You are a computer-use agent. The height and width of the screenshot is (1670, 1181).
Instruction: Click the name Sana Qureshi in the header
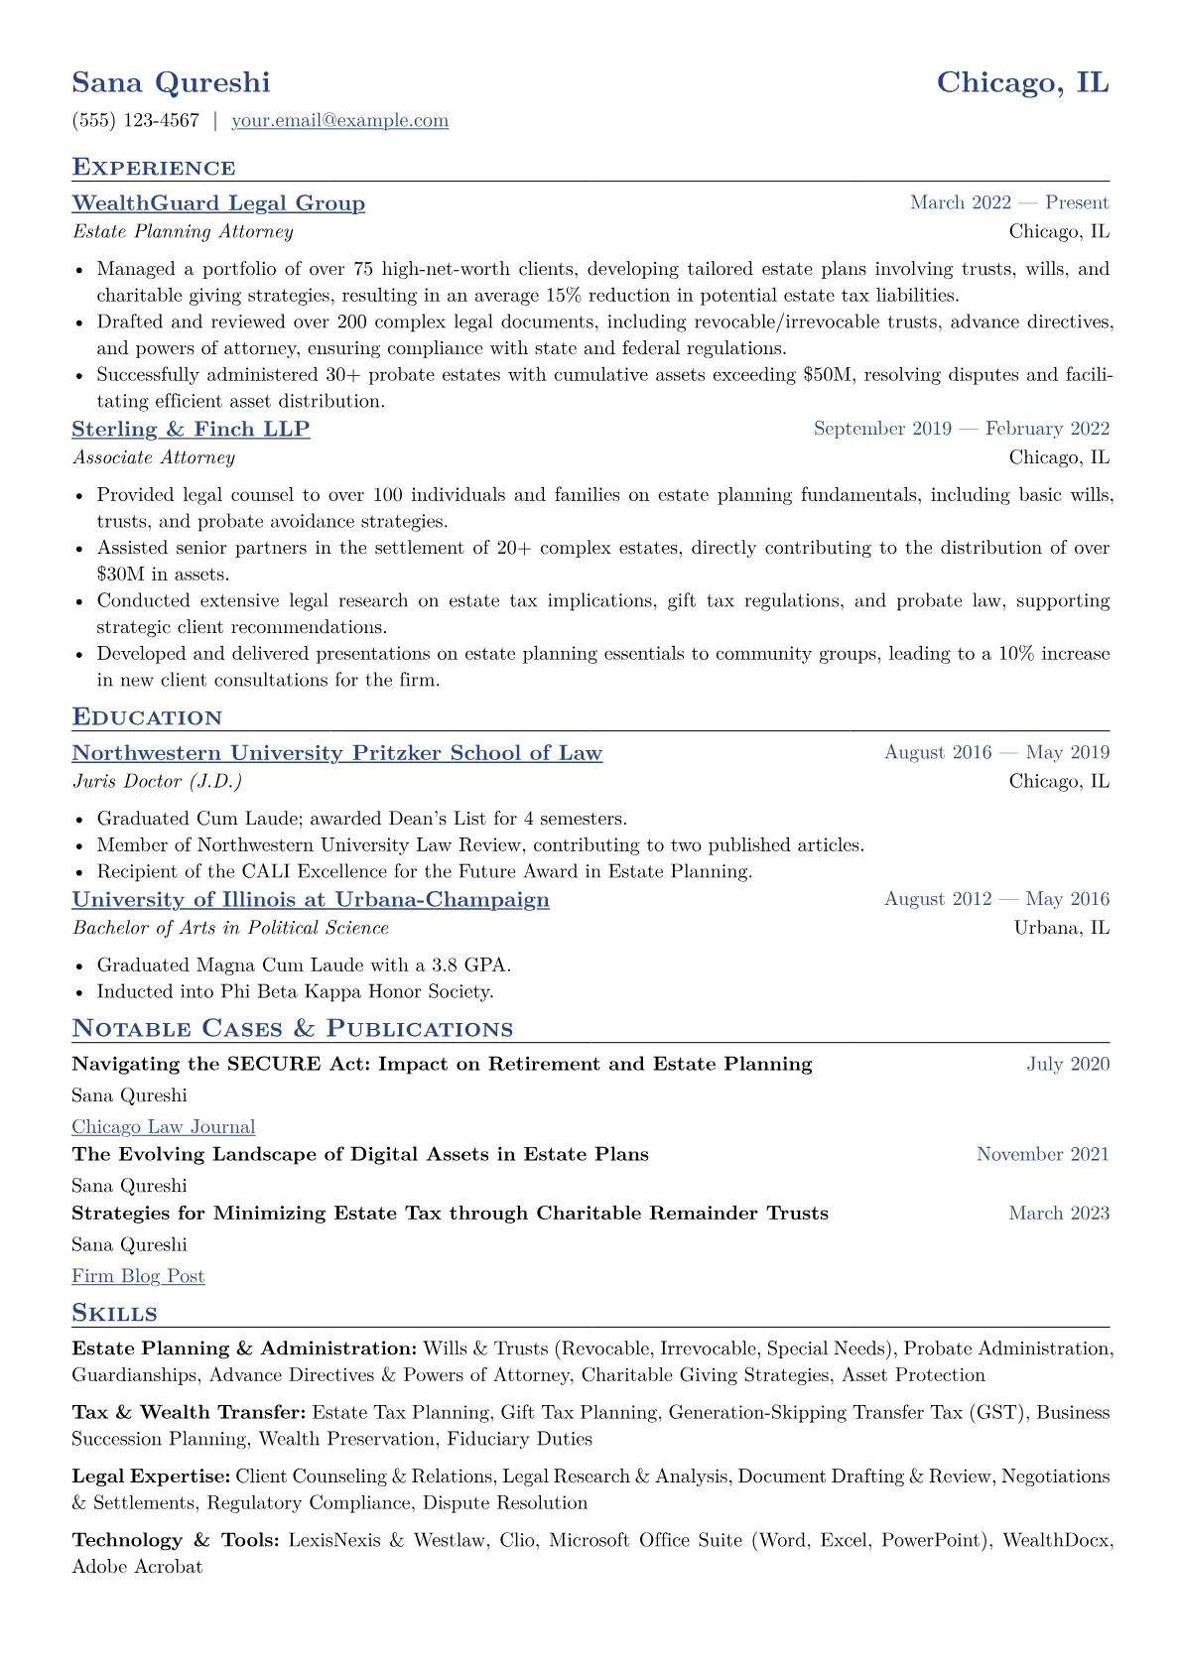pos(171,82)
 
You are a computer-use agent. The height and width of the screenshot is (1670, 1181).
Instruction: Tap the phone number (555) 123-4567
pos(135,121)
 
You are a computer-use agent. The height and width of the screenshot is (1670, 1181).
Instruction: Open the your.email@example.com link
pos(339,121)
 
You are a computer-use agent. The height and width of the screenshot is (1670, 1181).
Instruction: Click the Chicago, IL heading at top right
pos(1022,82)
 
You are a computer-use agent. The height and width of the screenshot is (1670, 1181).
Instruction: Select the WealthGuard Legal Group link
pos(218,203)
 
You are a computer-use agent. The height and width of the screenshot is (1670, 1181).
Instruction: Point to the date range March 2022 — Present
pos(1008,203)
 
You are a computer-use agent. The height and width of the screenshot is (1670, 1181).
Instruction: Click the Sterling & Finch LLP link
pos(191,429)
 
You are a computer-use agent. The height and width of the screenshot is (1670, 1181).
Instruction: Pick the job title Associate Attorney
pos(154,457)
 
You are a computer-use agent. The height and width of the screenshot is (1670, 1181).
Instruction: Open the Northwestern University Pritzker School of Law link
pos(336,753)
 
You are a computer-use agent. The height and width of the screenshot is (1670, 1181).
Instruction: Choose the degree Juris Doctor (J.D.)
pos(157,782)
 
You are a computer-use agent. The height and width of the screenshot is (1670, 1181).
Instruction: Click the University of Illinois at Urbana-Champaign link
pos(311,900)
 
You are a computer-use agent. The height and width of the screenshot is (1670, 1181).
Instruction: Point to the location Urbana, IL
pos(1061,929)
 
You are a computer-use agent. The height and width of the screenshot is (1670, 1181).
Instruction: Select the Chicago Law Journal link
pos(164,1127)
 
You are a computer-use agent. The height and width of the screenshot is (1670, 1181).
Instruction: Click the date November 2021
pos(1042,1154)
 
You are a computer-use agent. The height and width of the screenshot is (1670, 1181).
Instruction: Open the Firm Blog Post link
pos(138,1277)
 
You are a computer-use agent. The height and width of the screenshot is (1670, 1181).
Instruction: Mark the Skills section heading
pos(114,1314)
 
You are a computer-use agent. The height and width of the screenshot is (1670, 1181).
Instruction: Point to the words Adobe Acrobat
pos(137,1568)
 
